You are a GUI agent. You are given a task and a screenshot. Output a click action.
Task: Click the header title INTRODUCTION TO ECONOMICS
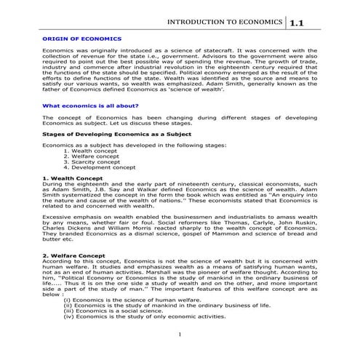[225, 23]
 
